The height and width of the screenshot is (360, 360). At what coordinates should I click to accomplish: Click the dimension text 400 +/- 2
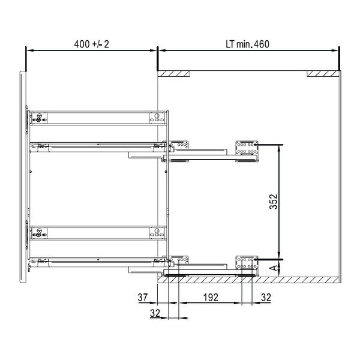click(x=91, y=44)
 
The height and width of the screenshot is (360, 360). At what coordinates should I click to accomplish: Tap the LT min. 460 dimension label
click(x=247, y=44)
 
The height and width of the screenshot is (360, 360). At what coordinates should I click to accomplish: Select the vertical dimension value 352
click(x=274, y=202)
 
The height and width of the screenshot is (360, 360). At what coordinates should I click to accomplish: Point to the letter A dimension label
click(x=274, y=268)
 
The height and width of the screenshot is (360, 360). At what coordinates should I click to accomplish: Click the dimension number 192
click(x=211, y=298)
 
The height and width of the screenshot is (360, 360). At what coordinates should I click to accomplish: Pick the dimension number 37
click(x=143, y=298)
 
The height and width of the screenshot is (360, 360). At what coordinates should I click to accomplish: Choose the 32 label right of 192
click(x=266, y=298)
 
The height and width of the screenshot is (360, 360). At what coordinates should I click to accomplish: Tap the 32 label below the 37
click(x=155, y=313)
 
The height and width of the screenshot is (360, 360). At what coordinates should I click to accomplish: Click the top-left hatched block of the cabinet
click(x=174, y=73)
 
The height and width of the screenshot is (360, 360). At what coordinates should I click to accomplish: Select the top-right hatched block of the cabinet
click(x=323, y=73)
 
